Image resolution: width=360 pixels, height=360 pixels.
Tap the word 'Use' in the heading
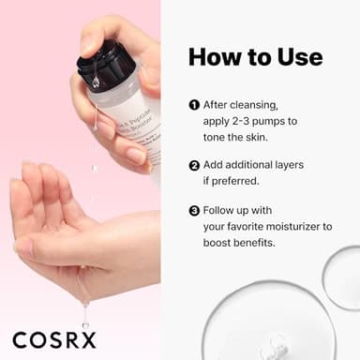pos(297,56)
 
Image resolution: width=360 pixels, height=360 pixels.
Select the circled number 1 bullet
pos(194,105)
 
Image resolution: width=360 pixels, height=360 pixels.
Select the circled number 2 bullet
pos(194,165)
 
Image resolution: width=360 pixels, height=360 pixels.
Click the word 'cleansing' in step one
pos(259,105)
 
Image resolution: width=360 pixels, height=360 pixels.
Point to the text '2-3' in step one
pos(242,122)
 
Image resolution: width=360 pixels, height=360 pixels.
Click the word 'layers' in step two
pos(307,165)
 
